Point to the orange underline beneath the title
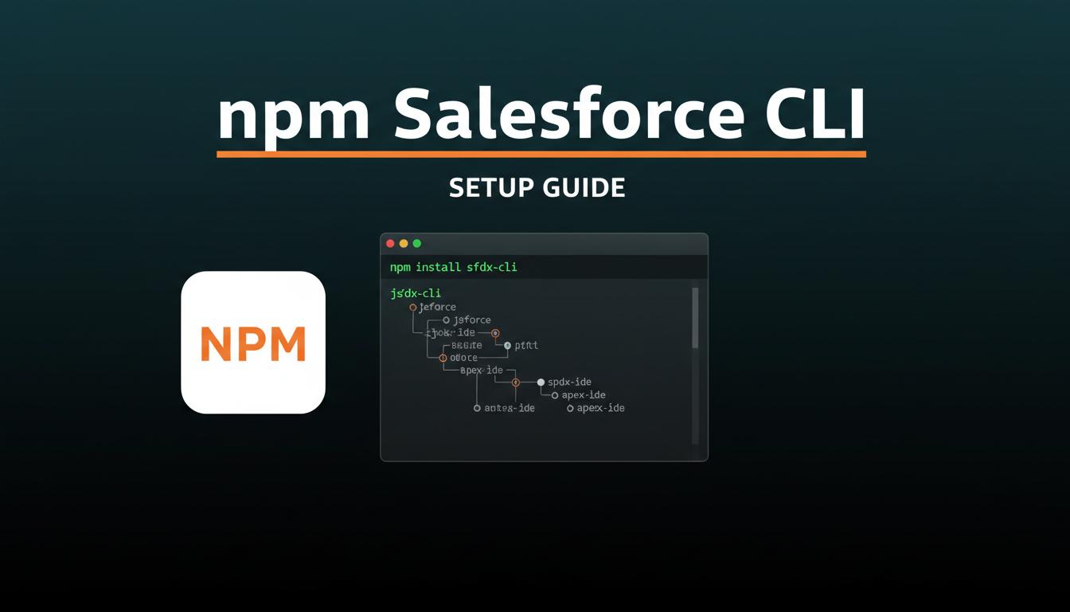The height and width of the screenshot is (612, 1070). [x=541, y=154]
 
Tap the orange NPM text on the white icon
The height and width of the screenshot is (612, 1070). [x=253, y=343]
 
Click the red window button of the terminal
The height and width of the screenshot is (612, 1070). [x=390, y=244]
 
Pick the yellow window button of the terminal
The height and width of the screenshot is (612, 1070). [x=404, y=244]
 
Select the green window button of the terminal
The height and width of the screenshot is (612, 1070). [x=416, y=244]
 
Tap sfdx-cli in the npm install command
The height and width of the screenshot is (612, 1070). [x=492, y=267]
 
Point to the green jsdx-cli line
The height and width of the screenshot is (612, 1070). [x=416, y=293]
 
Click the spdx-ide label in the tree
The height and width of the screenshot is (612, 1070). [x=569, y=382]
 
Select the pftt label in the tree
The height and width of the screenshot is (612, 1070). [x=526, y=346]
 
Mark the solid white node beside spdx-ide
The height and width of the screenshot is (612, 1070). [x=541, y=382]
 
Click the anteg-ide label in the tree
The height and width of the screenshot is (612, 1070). [x=510, y=408]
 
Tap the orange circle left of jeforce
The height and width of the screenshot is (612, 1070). [x=412, y=308]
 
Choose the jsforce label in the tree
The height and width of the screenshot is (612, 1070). [x=472, y=320]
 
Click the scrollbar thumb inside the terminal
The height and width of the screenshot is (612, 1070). [x=695, y=318]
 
